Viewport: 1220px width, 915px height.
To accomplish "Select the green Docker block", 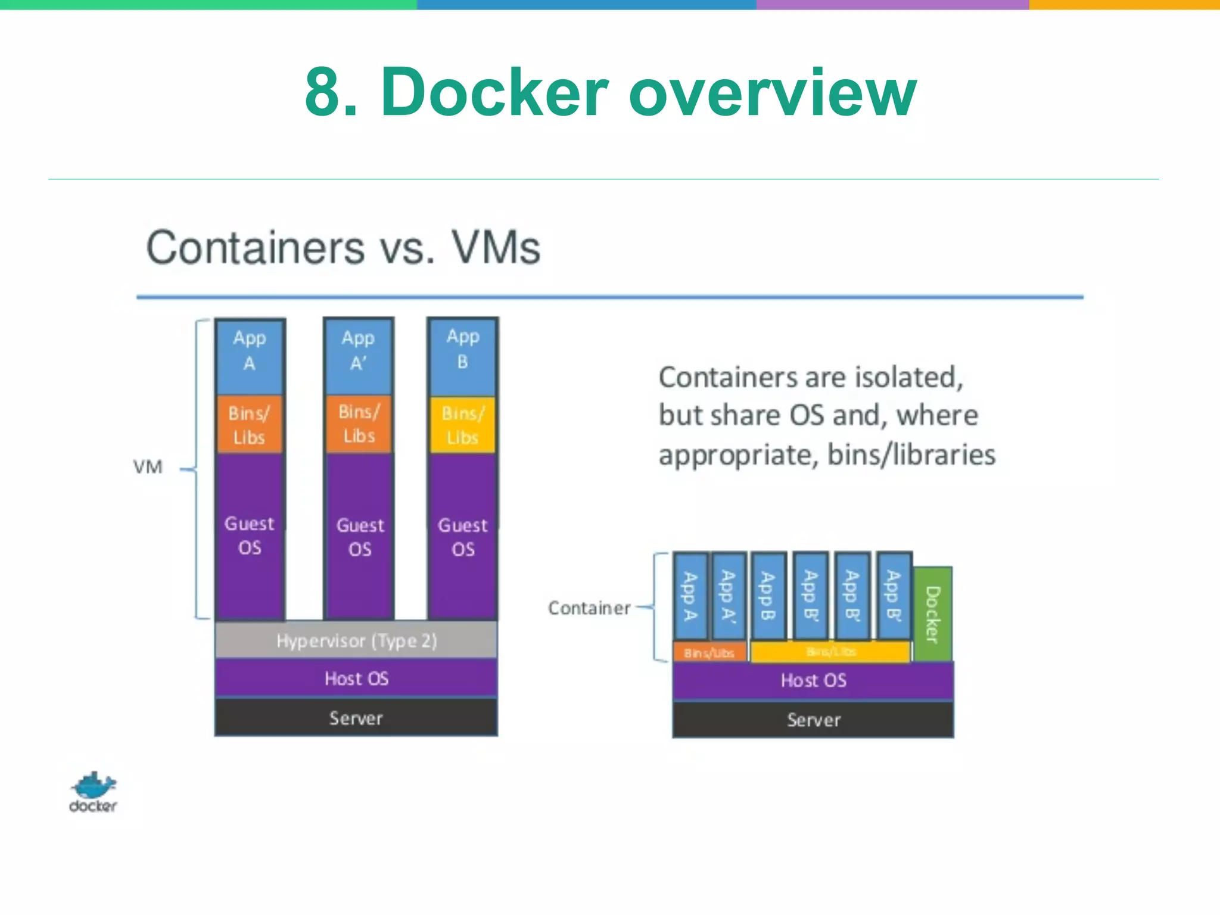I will click(x=933, y=614).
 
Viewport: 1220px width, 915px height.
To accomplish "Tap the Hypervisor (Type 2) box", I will click(x=356, y=640).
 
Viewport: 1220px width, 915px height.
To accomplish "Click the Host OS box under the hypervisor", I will click(x=356, y=678).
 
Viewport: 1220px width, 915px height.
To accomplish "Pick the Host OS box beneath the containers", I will click(x=813, y=680).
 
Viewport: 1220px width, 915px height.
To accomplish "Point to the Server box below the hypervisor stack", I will click(x=356, y=718).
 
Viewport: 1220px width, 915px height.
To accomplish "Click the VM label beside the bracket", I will click(x=148, y=467).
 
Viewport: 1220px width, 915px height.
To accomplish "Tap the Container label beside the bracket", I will click(x=589, y=608).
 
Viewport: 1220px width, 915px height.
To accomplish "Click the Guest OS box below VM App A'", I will click(x=359, y=536).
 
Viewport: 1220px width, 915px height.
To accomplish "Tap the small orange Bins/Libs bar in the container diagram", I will click(x=709, y=653).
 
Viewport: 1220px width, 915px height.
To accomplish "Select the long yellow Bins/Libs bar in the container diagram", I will click(x=830, y=652).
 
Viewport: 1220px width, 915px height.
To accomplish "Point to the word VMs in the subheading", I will click(x=496, y=248).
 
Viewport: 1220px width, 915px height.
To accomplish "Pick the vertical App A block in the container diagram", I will click(x=690, y=596).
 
